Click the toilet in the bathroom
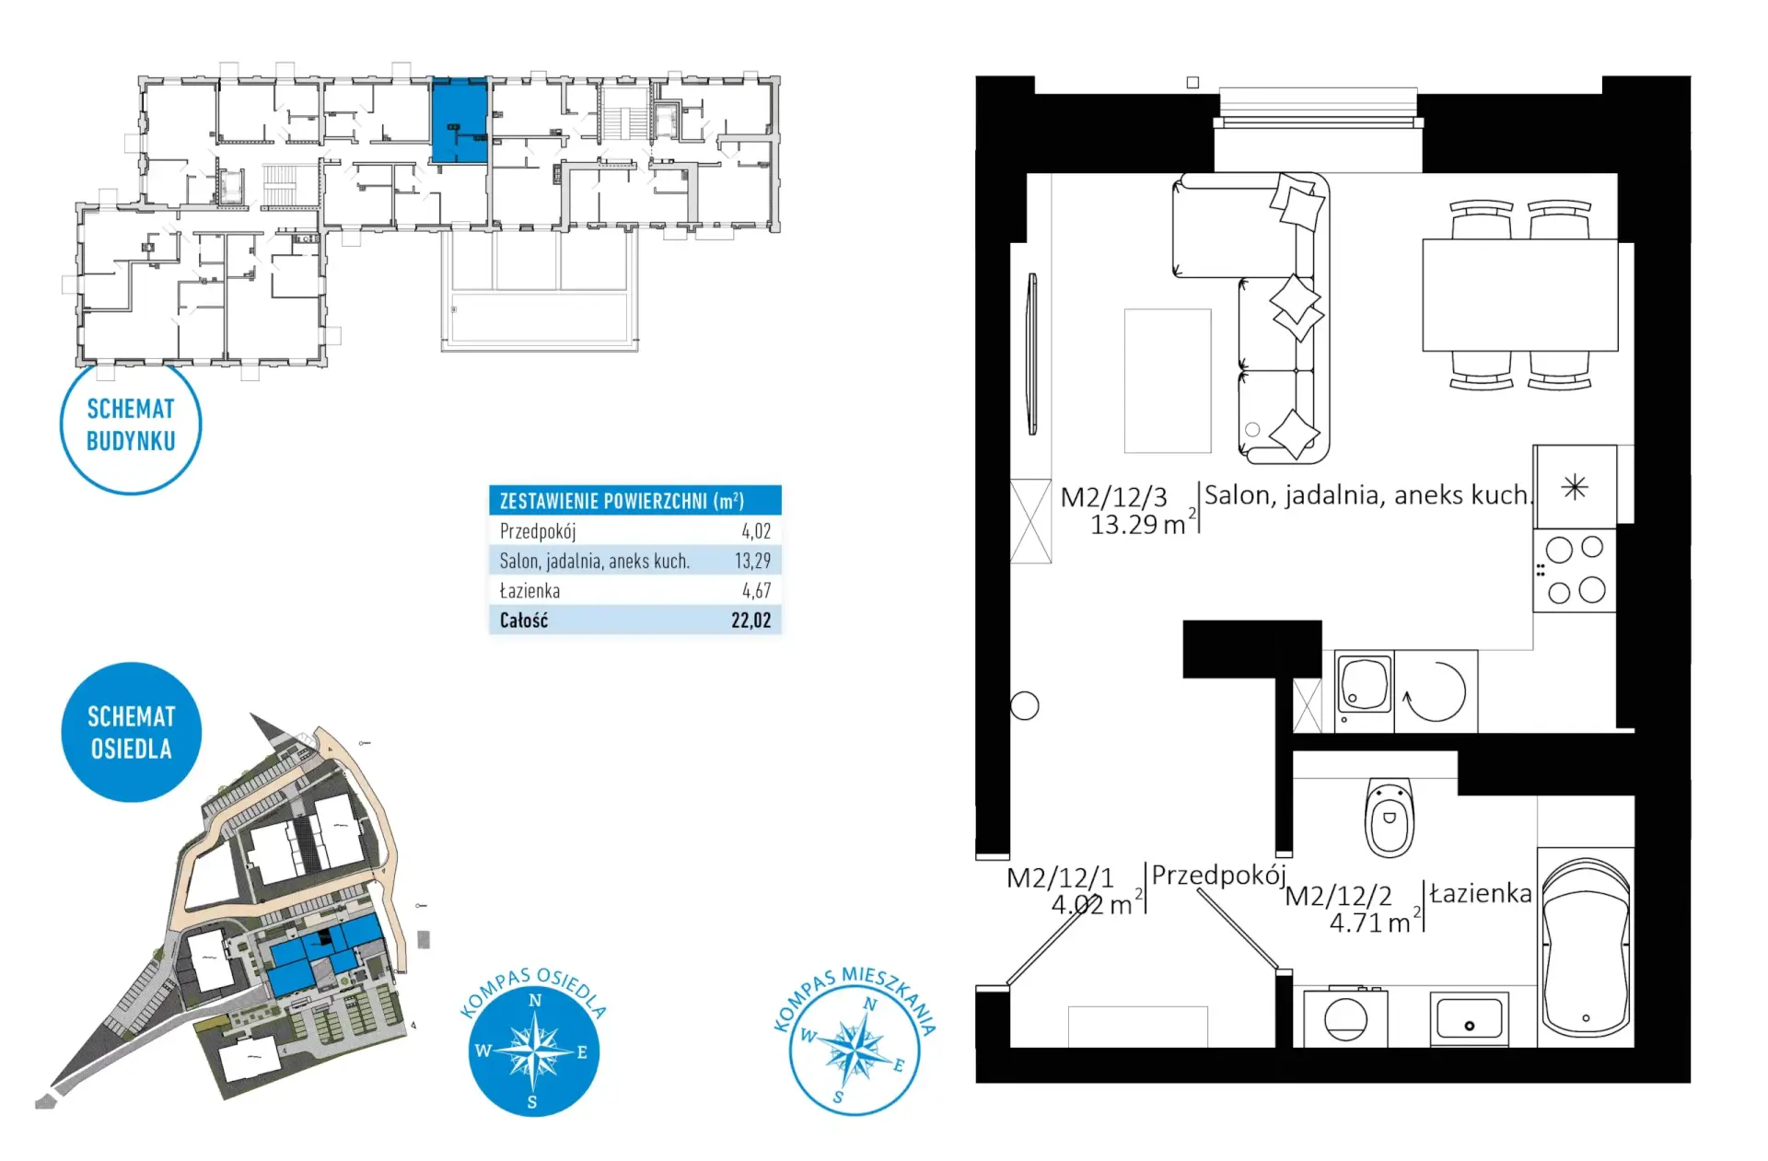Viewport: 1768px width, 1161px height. click(1389, 817)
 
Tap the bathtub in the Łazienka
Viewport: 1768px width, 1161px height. click(1586, 947)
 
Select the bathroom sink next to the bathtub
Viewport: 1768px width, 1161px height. click(1469, 1019)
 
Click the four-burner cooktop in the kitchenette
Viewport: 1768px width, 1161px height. click(1574, 570)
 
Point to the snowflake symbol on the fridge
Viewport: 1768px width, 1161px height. click(1575, 486)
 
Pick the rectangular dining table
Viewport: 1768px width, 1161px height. click(1519, 295)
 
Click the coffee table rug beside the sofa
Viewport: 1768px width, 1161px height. click(1168, 380)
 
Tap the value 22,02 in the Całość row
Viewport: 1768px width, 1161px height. click(751, 621)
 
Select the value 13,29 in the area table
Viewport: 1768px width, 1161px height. click(752, 561)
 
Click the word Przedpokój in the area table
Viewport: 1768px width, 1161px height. click(538, 531)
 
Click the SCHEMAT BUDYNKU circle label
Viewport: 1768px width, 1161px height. click(131, 424)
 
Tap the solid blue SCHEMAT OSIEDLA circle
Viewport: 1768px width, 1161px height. click(132, 732)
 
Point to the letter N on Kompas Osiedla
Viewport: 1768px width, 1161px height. click(535, 1000)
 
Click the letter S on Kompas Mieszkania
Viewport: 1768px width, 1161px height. click(838, 1097)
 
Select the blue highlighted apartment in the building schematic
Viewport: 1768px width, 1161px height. click(459, 121)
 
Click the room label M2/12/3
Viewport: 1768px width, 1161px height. click(1113, 497)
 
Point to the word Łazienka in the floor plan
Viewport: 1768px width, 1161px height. click(1481, 893)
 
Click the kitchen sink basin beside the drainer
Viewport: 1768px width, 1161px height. click(1365, 684)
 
